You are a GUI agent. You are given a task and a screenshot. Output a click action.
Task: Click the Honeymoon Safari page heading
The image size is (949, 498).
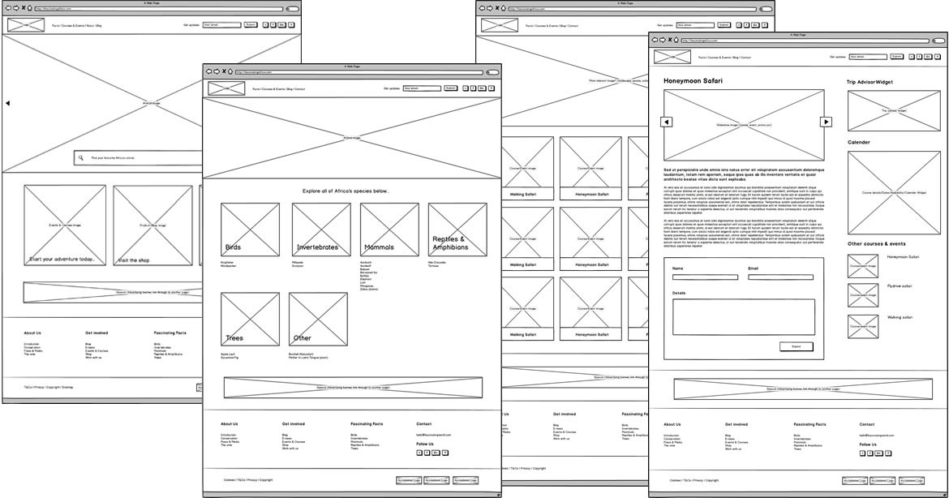tap(693, 81)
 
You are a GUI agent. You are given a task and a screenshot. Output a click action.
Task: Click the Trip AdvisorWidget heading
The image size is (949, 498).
tap(870, 82)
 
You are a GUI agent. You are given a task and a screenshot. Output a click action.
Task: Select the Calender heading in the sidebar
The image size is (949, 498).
tap(859, 142)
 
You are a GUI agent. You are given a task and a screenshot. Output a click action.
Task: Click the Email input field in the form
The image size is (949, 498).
tap(780, 277)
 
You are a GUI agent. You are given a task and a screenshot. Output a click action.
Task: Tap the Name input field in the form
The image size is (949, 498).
tap(705, 277)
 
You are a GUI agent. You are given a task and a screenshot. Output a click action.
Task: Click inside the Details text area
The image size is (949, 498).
tap(743, 316)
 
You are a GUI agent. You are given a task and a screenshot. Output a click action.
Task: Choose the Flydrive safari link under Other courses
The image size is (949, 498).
tap(900, 286)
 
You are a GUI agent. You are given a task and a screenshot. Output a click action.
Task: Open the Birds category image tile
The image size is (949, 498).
tap(250, 230)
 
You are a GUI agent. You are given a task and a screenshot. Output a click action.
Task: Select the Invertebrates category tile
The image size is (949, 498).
tap(321, 230)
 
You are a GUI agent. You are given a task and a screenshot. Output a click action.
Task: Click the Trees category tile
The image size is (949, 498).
tap(250, 320)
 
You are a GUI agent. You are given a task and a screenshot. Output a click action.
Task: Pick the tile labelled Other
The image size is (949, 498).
tap(318, 320)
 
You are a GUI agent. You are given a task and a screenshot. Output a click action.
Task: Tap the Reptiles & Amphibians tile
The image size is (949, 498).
tap(457, 230)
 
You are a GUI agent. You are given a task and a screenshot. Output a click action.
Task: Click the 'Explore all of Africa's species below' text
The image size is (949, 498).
tap(346, 191)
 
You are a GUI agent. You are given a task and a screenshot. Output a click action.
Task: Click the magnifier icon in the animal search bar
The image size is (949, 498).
tap(80, 158)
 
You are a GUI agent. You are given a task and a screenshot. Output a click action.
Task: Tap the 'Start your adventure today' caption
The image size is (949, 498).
tap(67, 260)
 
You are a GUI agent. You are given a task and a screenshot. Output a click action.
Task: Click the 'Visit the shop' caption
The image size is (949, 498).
tap(134, 260)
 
